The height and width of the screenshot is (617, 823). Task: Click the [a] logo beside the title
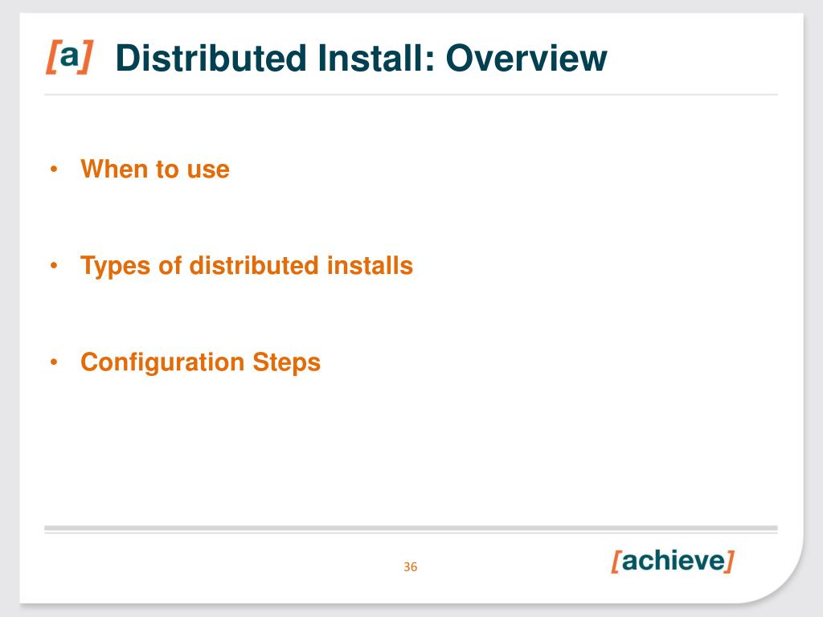click(x=69, y=57)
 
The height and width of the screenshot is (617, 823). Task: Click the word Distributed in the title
click(x=211, y=58)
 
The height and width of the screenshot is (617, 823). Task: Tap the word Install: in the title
click(x=376, y=58)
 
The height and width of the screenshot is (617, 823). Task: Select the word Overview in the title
click(x=526, y=58)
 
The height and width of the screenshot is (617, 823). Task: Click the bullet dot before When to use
click(x=54, y=169)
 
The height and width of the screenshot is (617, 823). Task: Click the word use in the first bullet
click(x=208, y=170)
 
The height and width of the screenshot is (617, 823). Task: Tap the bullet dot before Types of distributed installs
click(x=54, y=265)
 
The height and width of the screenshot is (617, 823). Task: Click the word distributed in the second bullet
click(x=254, y=265)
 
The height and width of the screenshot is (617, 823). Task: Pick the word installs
click(x=370, y=265)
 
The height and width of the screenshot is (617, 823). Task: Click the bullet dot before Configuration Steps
click(x=54, y=362)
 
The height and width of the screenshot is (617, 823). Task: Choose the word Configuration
click(x=162, y=362)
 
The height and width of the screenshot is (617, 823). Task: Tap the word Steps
click(x=287, y=362)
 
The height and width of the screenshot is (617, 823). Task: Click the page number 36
click(x=411, y=566)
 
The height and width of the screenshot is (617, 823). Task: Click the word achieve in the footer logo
click(x=673, y=560)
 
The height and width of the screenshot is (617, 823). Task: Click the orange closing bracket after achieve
click(x=729, y=562)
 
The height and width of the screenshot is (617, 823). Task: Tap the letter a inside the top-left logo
click(x=69, y=55)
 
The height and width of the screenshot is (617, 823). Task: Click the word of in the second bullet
click(x=170, y=265)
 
